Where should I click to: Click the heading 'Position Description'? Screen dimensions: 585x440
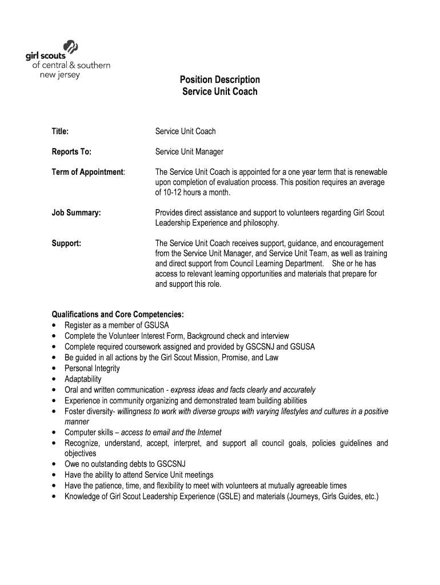click(220, 79)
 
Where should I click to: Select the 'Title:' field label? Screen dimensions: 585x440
click(61, 131)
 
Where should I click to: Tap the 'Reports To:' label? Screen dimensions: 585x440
click(71, 152)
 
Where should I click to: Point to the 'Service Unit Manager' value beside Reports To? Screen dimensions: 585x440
click(189, 152)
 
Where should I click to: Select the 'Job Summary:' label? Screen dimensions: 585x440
click(76, 213)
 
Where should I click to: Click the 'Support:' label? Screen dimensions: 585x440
click(66, 243)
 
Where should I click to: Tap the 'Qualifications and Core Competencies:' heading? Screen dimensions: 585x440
click(118, 314)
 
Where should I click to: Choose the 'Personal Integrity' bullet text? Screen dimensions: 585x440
click(92, 368)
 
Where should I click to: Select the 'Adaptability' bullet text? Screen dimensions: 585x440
click(83, 379)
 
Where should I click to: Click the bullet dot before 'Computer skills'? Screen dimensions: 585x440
click(54, 432)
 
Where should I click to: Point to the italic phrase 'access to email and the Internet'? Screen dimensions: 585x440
click(171, 432)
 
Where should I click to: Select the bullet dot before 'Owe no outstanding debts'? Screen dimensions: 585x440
click(54, 464)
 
